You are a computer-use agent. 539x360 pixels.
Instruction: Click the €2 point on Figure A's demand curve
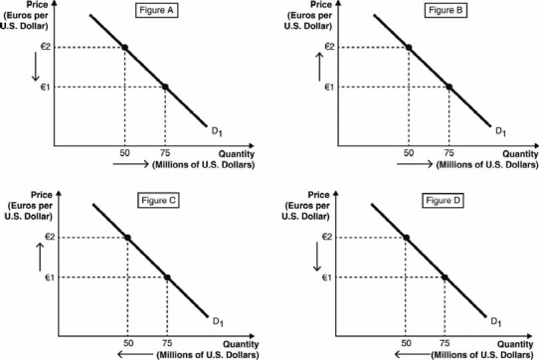click(x=124, y=47)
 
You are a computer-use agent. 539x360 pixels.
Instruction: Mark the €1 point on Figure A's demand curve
click(x=165, y=88)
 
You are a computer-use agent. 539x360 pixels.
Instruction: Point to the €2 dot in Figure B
click(x=409, y=47)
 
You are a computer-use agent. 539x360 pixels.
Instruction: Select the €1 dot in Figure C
click(x=167, y=277)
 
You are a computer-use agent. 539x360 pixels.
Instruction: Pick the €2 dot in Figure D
click(x=406, y=237)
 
